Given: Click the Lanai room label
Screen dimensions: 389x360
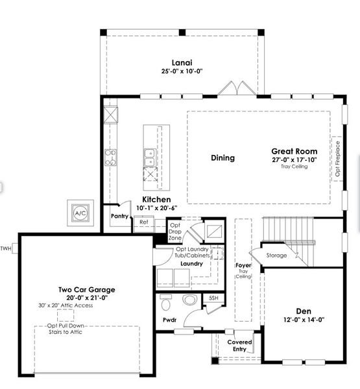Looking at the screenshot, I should point(180,62).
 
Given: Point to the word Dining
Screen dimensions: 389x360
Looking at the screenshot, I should point(222,158).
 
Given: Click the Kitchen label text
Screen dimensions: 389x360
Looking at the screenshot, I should point(156,200).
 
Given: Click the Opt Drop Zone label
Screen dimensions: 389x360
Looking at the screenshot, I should point(175,232).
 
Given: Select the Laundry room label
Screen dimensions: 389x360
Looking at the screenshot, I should point(191,264).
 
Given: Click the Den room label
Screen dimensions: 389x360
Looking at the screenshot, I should point(304,311).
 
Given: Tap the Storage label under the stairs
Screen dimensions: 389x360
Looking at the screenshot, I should point(276,255).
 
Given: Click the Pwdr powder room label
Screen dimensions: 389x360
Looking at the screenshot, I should point(170,320).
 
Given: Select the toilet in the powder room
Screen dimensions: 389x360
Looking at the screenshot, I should point(166,302).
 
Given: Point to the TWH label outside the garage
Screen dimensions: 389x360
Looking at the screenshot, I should point(6,248).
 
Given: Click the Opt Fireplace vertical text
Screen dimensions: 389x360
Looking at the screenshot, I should point(337,159).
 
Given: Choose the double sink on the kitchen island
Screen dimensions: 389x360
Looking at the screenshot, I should point(149,157).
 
